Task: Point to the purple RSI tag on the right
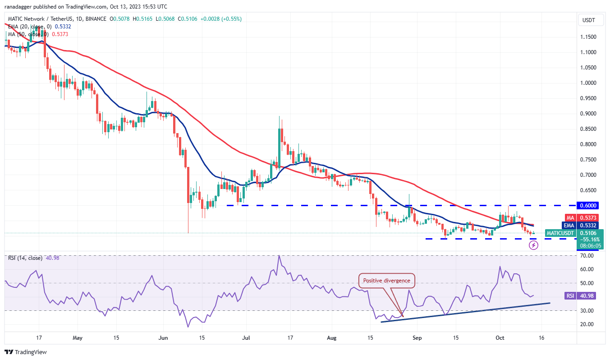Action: [x=570, y=295]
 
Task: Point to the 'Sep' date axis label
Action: [x=417, y=337]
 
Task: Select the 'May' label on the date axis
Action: [x=78, y=337]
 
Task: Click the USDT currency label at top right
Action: [x=589, y=20]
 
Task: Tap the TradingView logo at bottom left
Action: [x=26, y=352]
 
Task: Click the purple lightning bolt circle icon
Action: [x=534, y=245]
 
